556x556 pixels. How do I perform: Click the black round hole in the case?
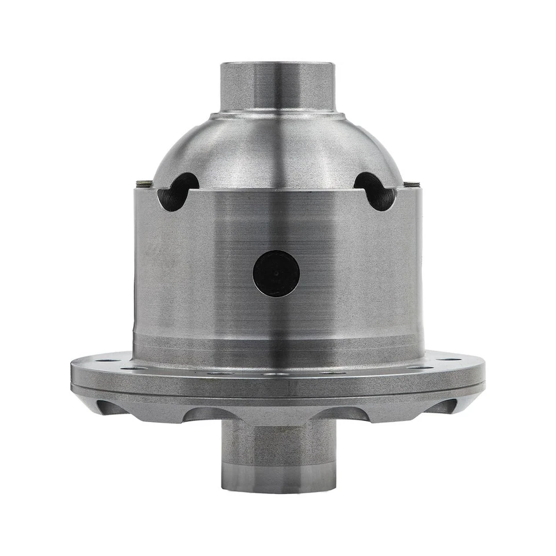(276, 273)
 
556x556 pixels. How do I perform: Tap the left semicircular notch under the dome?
(177, 192)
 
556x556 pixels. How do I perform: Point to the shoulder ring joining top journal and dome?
(277, 116)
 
